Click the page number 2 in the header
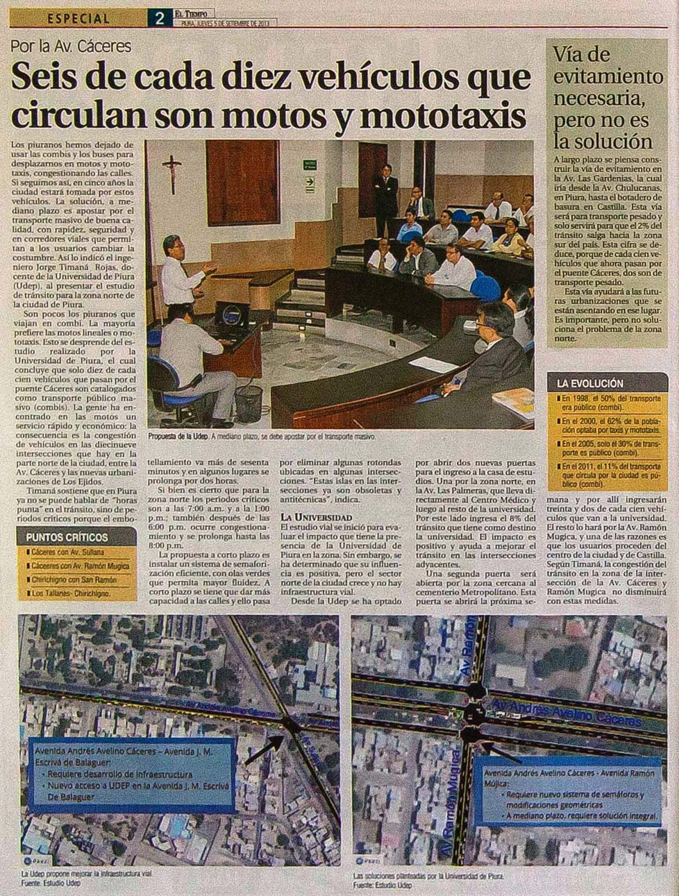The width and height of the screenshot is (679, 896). point(159,18)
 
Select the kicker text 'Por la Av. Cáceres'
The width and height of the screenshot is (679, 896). point(71,47)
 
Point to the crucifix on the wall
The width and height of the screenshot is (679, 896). point(172,171)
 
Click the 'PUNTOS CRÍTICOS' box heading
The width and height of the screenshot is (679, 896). point(67,537)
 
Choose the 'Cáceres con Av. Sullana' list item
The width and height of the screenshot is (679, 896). point(68,552)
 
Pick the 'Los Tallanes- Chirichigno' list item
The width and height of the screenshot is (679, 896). point(72,593)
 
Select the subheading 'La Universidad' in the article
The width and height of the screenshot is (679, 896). point(316,517)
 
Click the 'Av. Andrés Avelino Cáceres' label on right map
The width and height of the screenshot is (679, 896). point(566,714)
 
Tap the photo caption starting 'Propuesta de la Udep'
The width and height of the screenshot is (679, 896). point(261,437)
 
